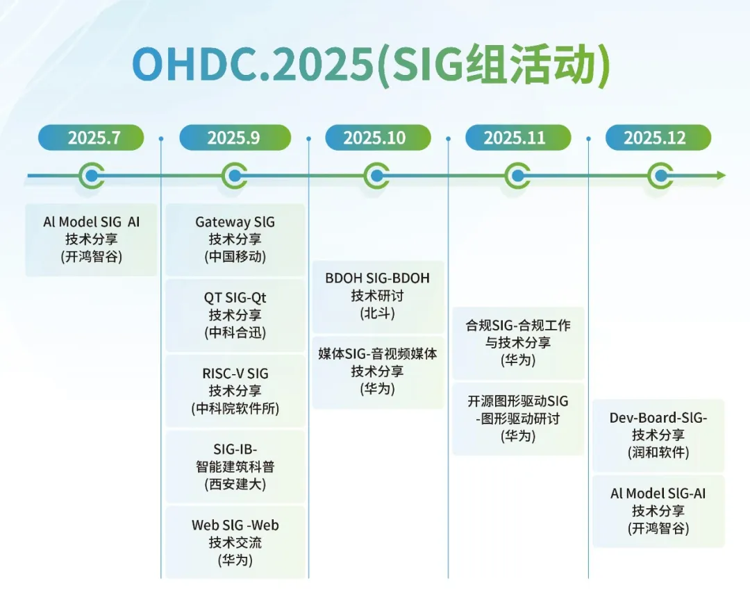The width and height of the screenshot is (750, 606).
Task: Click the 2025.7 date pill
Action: (x=91, y=137)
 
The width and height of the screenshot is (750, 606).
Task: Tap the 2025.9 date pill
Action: (x=235, y=137)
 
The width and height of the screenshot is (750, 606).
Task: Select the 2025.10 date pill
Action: (x=378, y=137)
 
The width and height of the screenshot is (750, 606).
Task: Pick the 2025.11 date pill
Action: (x=518, y=137)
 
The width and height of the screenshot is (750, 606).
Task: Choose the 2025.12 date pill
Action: (x=658, y=137)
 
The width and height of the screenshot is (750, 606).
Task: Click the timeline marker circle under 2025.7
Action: (x=92, y=176)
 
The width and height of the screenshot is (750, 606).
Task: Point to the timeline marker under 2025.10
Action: (x=376, y=176)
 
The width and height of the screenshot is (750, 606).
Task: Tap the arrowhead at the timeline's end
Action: (x=721, y=176)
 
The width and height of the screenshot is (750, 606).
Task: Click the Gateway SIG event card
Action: (x=235, y=239)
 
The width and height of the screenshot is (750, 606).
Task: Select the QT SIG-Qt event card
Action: (x=235, y=315)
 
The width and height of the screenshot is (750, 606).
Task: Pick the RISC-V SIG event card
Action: (x=235, y=391)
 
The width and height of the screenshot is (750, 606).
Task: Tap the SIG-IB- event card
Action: (x=235, y=466)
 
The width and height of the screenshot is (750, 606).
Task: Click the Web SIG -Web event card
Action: (x=235, y=542)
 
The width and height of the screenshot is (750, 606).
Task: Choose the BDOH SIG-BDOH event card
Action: (x=378, y=296)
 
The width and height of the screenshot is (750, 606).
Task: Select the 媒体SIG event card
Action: (x=378, y=372)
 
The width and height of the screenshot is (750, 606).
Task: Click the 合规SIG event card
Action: (x=518, y=343)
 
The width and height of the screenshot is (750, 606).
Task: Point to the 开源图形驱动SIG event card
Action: (x=518, y=419)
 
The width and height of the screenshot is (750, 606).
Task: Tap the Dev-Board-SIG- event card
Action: (x=658, y=435)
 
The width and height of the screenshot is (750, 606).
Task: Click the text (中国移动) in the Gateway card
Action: (x=235, y=257)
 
